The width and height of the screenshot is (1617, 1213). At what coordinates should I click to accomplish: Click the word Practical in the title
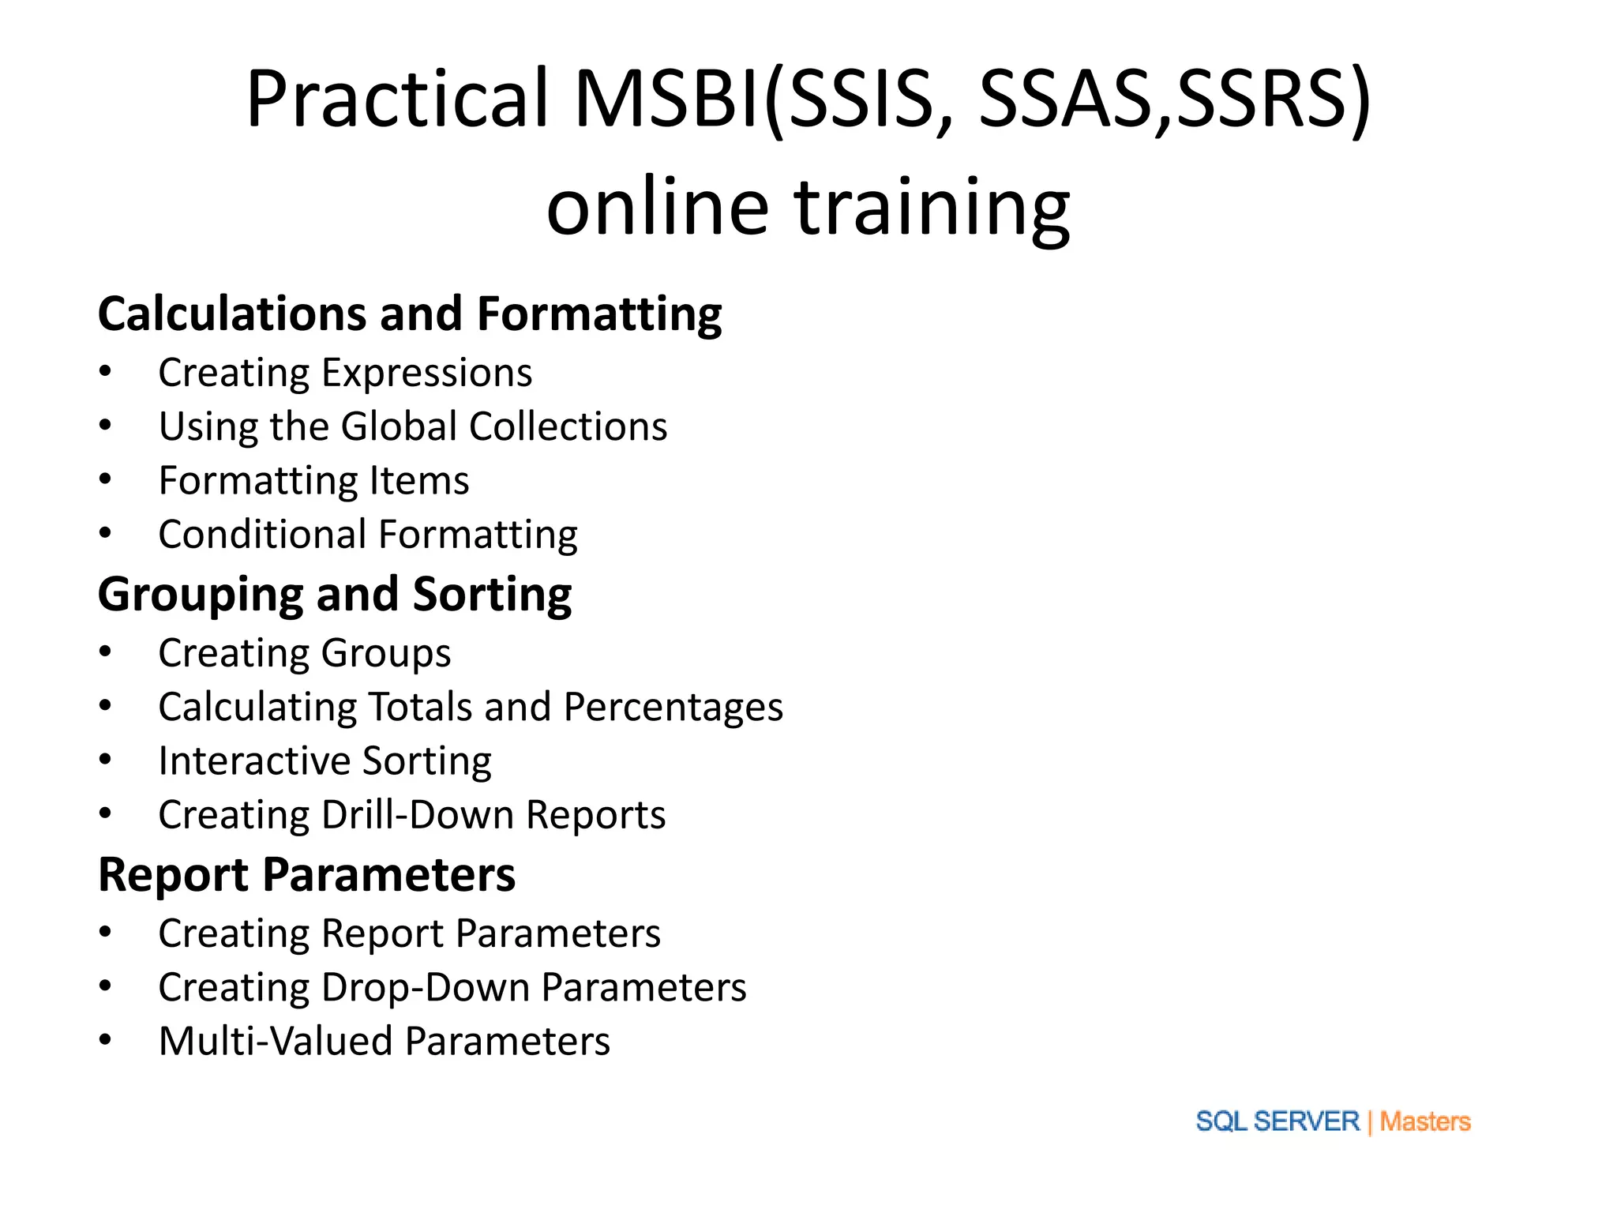(x=397, y=99)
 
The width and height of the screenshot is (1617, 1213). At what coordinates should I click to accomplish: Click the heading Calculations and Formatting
(x=410, y=314)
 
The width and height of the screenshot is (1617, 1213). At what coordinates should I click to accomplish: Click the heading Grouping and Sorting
(x=335, y=595)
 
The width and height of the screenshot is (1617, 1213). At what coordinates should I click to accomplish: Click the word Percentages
(x=673, y=707)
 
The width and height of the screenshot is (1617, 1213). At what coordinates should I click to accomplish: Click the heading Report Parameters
(x=306, y=875)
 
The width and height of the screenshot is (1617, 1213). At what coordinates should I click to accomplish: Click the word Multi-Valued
(x=276, y=1042)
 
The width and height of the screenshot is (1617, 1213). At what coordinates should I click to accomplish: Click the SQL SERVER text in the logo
(x=1277, y=1121)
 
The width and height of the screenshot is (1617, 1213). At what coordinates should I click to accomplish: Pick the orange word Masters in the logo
(x=1425, y=1121)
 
